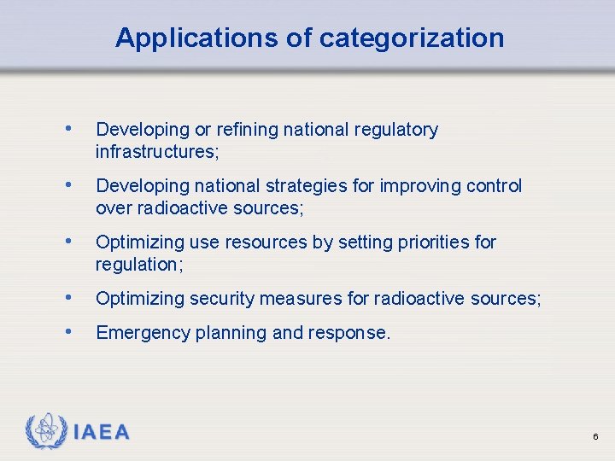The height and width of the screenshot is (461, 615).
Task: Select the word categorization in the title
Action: point(412,38)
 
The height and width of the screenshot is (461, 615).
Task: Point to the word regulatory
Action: point(397,130)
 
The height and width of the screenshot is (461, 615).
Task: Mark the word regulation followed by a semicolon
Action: point(138,265)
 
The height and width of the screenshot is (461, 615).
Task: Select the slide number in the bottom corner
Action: point(595,437)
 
